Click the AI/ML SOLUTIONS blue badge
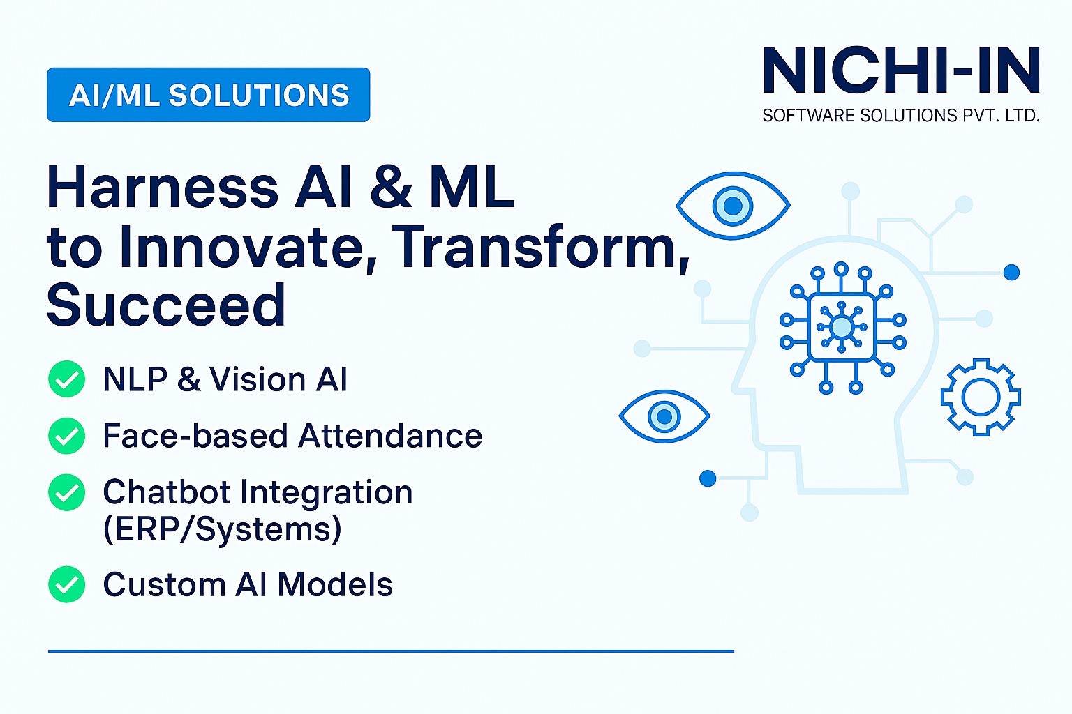click(208, 95)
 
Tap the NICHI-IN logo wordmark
click(901, 70)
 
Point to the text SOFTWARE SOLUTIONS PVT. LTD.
click(901, 116)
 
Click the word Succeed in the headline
click(166, 305)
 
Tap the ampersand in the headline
click(391, 187)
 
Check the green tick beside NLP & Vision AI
click(67, 379)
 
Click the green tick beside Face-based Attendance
click(67, 436)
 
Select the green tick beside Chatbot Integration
click(67, 492)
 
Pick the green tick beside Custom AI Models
click(67, 584)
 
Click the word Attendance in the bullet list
click(391, 436)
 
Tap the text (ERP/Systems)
click(223, 529)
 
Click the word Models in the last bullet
click(335, 584)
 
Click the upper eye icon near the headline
click(733, 206)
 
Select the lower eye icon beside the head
click(664, 416)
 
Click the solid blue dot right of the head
click(1011, 273)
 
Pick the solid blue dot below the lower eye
click(708, 478)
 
